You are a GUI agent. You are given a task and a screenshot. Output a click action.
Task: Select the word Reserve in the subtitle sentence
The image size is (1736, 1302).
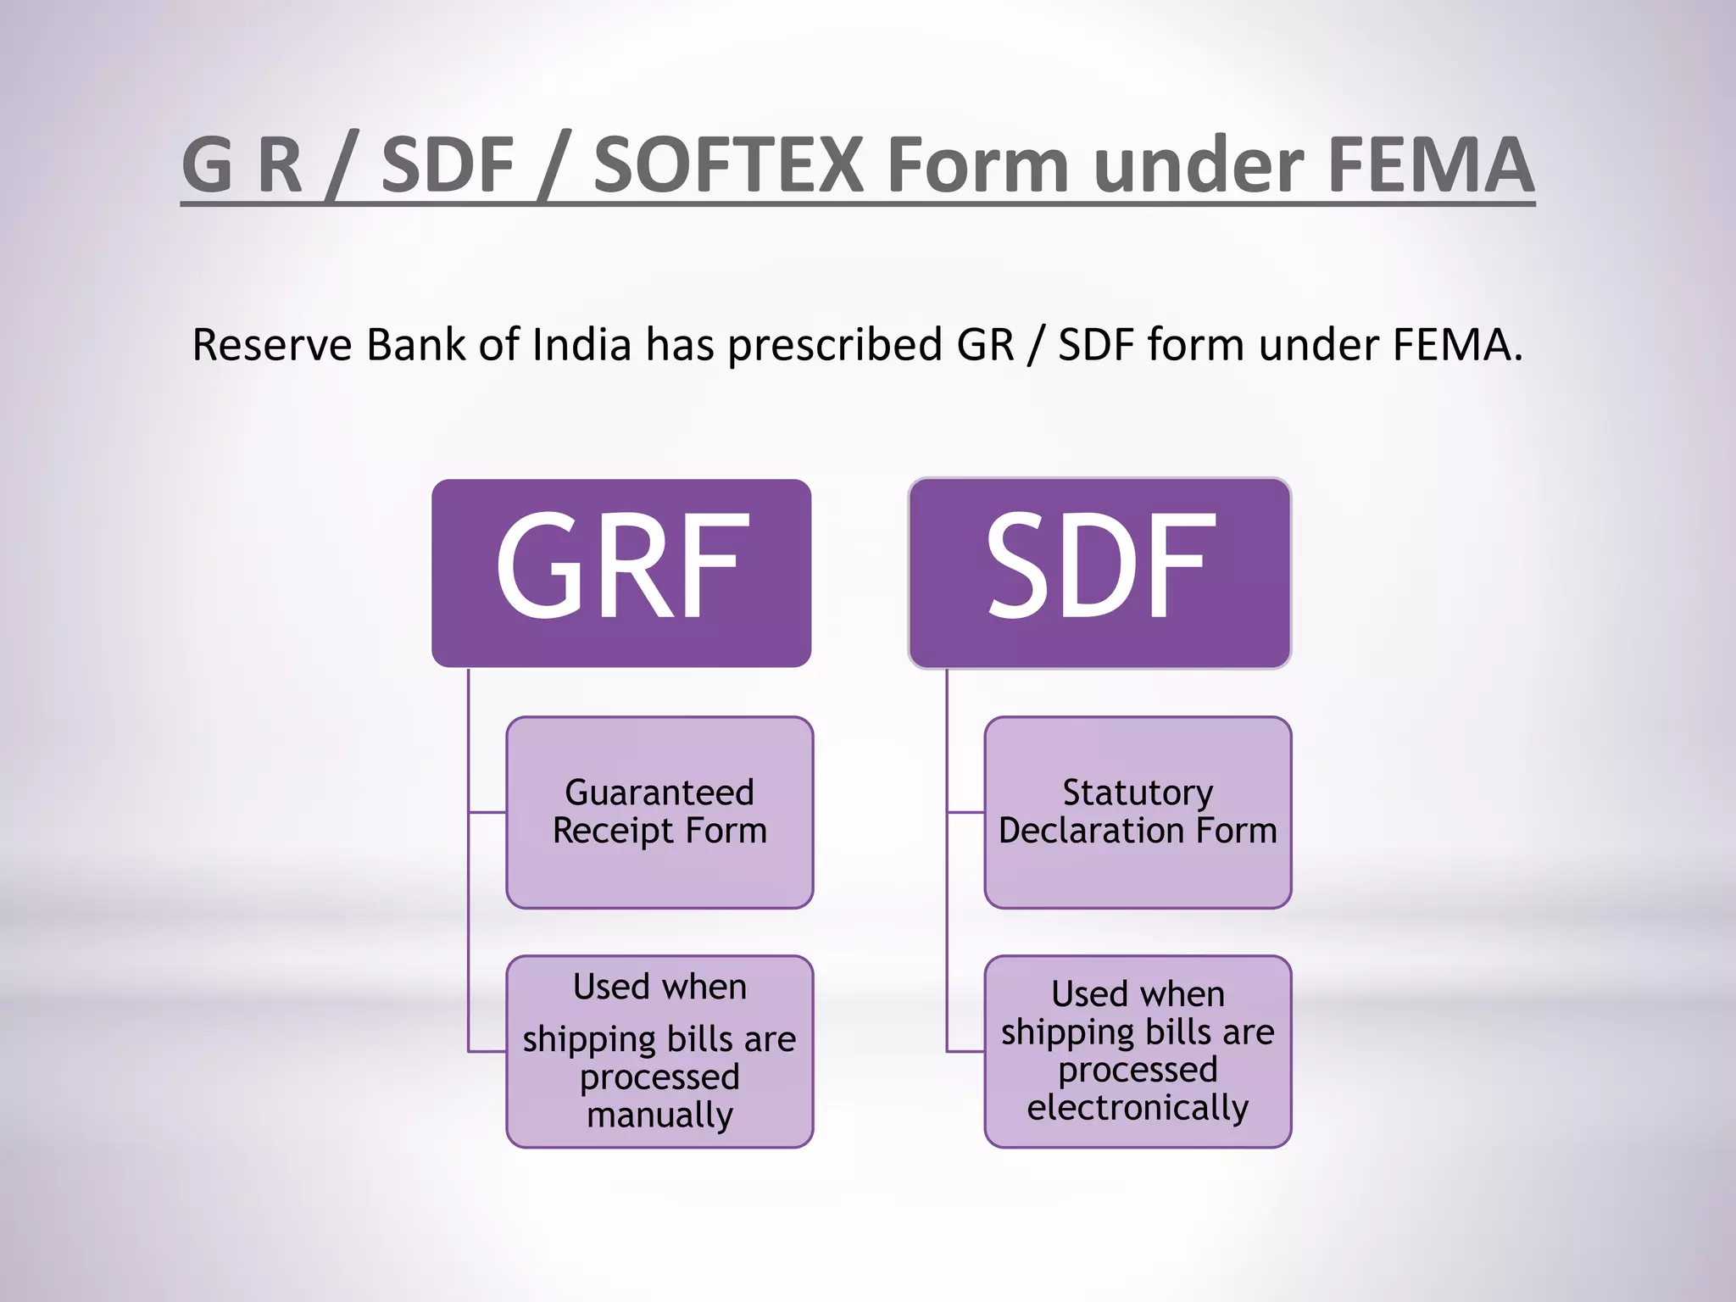click(x=271, y=345)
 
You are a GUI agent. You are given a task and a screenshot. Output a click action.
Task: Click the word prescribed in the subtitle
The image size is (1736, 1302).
click(x=835, y=345)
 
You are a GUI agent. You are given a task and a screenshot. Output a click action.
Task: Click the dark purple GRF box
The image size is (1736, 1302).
click(x=621, y=573)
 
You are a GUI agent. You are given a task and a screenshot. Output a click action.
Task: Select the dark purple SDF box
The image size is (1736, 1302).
click(x=1099, y=573)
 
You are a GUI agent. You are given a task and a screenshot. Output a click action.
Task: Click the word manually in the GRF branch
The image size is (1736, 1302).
click(x=659, y=1115)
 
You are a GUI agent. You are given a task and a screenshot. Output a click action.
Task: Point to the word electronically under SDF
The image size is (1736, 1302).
click(x=1138, y=1107)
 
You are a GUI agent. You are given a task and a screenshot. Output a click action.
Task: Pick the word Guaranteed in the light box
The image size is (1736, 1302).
click(x=659, y=793)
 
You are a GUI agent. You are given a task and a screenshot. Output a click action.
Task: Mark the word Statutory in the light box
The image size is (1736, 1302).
click(x=1138, y=793)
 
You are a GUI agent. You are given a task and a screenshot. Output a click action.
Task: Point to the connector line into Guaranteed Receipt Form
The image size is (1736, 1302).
click(x=487, y=812)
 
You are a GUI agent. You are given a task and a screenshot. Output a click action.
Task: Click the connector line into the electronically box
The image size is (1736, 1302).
click(x=965, y=1051)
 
